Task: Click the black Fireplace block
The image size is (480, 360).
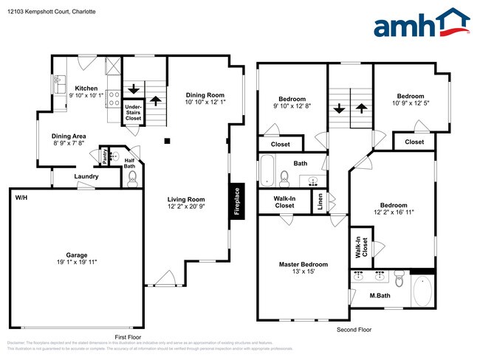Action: [236, 200]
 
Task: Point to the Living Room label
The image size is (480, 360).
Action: [185, 199]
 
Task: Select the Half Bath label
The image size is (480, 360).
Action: [129, 163]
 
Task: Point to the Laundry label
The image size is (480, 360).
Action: [86, 177]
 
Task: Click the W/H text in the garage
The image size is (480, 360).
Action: [19, 198]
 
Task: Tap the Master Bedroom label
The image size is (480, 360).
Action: [303, 264]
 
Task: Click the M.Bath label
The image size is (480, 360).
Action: [379, 296]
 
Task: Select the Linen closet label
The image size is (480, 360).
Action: [320, 202]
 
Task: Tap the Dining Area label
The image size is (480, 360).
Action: [69, 136]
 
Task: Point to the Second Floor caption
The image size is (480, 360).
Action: [354, 329]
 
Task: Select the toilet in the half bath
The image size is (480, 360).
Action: [132, 178]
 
